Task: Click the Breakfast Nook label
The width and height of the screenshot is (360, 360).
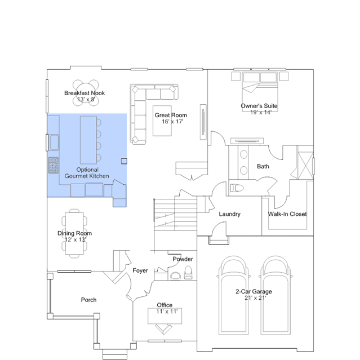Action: point(85,93)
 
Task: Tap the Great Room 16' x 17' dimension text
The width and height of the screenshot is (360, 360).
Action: point(172,122)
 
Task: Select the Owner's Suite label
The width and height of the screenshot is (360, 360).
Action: point(259,106)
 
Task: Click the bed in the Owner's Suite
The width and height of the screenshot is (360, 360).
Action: point(260,92)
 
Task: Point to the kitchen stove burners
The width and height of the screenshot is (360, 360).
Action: point(54,165)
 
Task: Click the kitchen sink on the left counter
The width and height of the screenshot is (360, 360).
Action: point(55,143)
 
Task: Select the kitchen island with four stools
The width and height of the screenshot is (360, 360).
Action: point(91,140)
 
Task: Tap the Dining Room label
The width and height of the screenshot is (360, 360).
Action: point(74,233)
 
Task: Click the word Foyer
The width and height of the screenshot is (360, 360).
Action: point(140,270)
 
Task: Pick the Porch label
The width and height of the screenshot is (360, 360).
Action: point(88,300)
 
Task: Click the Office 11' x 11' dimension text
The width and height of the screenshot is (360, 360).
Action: point(167,312)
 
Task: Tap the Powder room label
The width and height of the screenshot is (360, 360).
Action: point(183,259)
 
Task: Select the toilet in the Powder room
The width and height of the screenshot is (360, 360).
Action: point(189,273)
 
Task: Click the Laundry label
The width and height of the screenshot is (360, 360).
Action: point(230,214)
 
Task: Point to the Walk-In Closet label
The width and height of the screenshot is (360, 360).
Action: point(287,214)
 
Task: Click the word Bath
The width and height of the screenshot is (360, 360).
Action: point(263,166)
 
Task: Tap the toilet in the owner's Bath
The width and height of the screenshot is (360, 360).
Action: point(237,188)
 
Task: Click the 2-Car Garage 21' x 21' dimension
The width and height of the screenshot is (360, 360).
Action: point(255,298)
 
